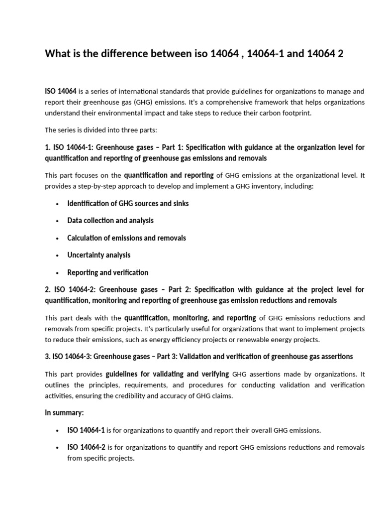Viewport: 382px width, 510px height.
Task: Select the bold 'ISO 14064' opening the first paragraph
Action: (x=61, y=91)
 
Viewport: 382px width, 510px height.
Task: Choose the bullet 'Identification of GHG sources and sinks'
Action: (x=128, y=203)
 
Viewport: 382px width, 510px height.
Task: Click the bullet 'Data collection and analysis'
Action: (x=110, y=220)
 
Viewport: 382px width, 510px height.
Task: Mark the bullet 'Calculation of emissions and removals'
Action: (x=126, y=238)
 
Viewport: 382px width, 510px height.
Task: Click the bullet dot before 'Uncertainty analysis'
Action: (x=58, y=255)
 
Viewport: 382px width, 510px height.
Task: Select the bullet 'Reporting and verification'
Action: (x=107, y=272)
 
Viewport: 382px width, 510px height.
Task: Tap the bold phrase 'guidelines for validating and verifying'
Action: (x=168, y=374)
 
